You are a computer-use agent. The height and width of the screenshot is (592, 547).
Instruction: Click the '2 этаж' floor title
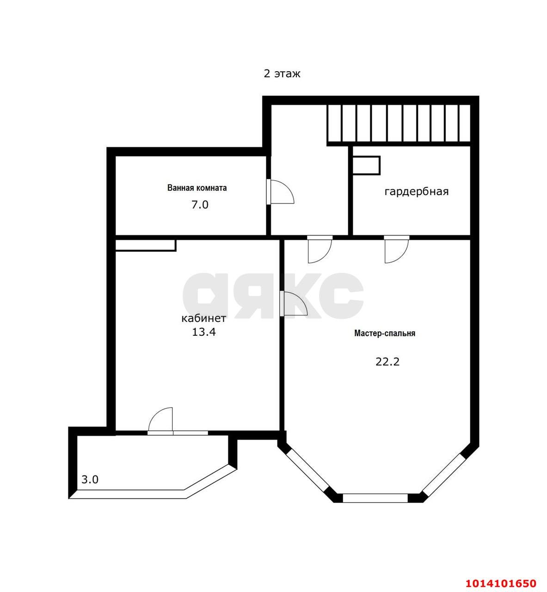[x=282, y=74]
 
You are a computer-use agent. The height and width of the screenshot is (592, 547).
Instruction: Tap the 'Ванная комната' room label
[x=197, y=188]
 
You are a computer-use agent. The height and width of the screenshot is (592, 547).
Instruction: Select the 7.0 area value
[x=200, y=204]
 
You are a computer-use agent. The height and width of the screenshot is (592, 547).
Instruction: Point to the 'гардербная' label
[x=417, y=191]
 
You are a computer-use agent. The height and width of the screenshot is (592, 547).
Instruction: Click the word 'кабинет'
[x=203, y=318]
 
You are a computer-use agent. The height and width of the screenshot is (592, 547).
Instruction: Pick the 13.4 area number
[x=203, y=332]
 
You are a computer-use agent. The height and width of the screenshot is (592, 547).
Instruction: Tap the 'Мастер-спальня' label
[x=385, y=333]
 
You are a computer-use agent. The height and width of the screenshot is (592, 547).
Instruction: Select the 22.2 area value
[x=387, y=362]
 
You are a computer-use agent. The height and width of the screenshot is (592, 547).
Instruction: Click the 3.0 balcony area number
[x=90, y=480]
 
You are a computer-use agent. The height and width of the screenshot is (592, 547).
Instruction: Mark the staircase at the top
[x=399, y=123]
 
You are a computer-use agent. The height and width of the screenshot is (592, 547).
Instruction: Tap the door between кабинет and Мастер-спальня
[x=293, y=304]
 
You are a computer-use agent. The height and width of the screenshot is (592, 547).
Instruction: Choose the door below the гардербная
[x=396, y=250]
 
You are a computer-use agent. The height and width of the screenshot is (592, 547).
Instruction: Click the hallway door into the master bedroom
[x=320, y=250]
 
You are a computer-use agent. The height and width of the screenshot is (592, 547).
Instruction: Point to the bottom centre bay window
[x=375, y=498]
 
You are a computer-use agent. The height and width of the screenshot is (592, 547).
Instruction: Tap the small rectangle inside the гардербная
[x=366, y=166]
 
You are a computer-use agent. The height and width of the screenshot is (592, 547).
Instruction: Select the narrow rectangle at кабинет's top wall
[x=145, y=245]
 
